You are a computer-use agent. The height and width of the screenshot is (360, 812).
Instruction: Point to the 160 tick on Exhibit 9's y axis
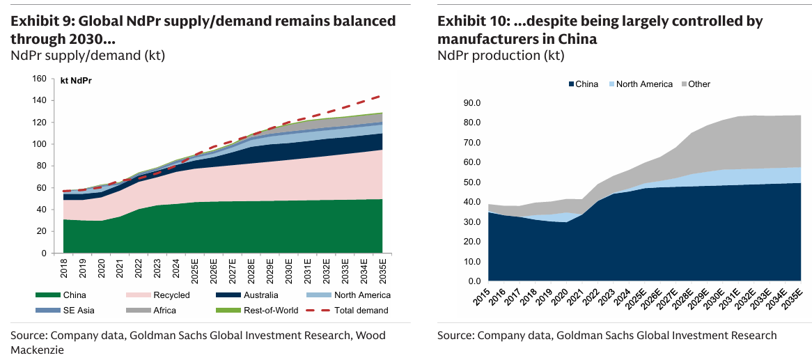[x=40, y=79]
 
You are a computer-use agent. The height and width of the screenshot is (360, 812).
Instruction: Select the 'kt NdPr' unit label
[x=77, y=81]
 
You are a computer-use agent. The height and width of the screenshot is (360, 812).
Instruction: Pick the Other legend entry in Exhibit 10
[x=698, y=84]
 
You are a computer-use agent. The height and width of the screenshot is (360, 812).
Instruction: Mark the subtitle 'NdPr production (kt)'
[x=501, y=55]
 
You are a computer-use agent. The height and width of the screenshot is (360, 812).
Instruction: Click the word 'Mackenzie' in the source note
[x=37, y=350]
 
